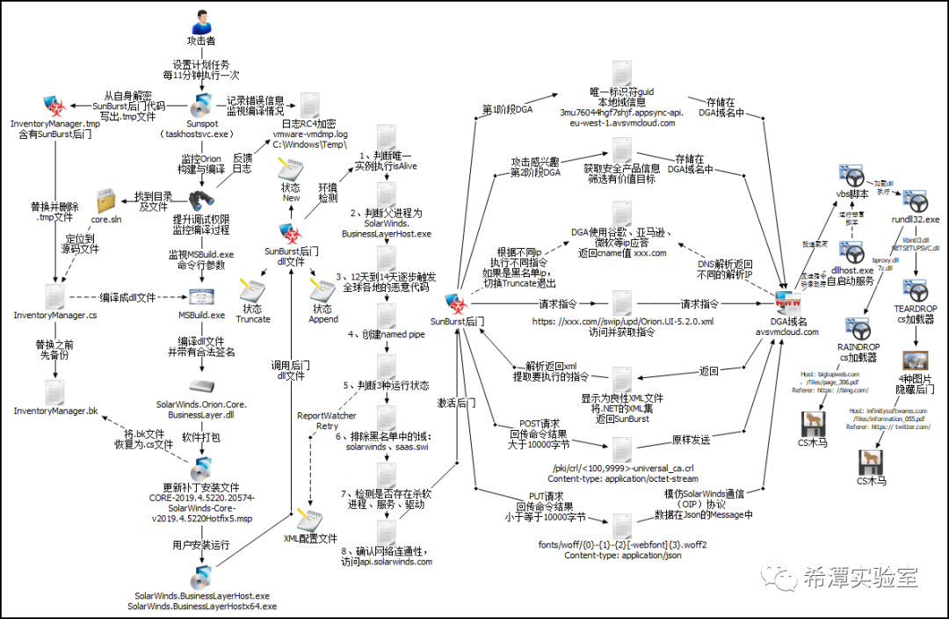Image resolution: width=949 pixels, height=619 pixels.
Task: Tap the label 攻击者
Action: [x=201, y=41]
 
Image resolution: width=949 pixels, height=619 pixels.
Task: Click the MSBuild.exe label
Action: [x=204, y=314]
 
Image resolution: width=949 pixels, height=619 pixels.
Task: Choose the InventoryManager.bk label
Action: [x=55, y=411]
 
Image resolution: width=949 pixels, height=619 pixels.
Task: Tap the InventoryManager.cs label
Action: [x=55, y=315]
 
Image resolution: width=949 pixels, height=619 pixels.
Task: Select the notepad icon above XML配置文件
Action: [x=308, y=517]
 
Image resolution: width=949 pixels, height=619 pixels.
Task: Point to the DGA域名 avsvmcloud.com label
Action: [x=787, y=326]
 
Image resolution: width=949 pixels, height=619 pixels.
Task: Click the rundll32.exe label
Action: [x=916, y=219]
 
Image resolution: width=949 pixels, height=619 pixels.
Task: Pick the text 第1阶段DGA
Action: [x=507, y=110]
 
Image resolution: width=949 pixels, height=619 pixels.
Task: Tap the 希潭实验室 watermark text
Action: [x=859, y=578]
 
